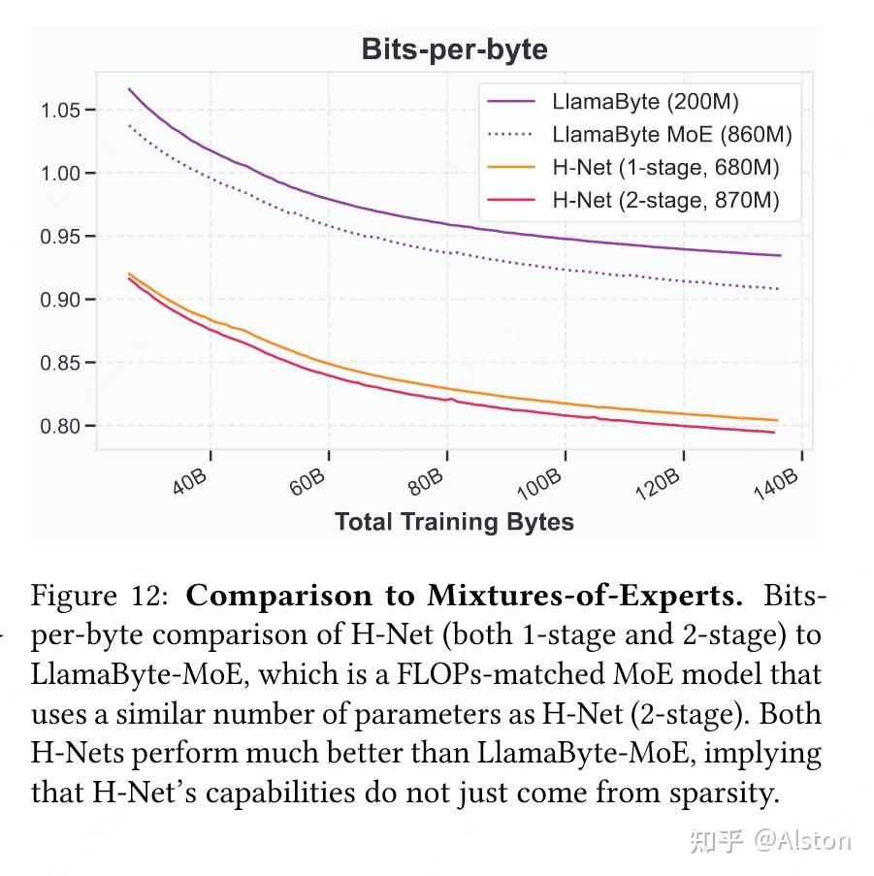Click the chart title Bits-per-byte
tap(454, 49)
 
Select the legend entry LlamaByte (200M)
tap(645, 101)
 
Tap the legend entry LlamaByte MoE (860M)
tap(671, 134)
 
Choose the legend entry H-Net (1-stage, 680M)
tap(665, 167)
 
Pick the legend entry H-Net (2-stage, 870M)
tap(665, 200)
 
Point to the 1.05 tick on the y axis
tap(60, 111)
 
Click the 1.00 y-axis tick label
tap(60, 174)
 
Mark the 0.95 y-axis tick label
tap(60, 237)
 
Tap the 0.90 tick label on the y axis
tap(60, 300)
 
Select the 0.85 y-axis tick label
tap(60, 363)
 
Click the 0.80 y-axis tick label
tap(60, 426)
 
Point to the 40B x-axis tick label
tap(190, 481)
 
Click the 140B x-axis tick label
tap(776, 481)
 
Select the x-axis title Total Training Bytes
tap(454, 522)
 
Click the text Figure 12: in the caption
tap(100, 596)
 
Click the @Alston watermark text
tap(802, 840)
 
